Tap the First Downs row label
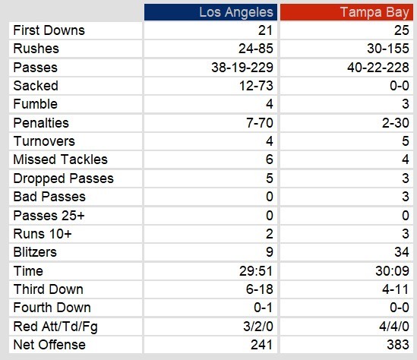tap(49, 30)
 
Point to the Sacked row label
tap(36, 86)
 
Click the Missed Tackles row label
tap(60, 159)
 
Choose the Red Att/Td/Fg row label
tap(55, 327)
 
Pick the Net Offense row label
tap(49, 345)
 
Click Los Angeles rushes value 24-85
tap(256, 49)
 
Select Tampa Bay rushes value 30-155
tap(388, 49)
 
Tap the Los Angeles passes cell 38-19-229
tap(242, 68)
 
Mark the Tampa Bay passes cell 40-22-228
tap(378, 68)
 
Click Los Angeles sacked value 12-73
tap(256, 86)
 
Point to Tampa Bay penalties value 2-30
tap(396, 123)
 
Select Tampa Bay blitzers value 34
tap(402, 252)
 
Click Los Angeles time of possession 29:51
tap(256, 271)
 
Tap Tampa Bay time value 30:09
tap(392, 271)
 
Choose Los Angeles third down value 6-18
tap(260, 289)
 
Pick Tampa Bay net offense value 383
tap(398, 345)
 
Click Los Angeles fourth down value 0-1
tap(264, 308)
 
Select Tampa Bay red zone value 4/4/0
tap(394, 327)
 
